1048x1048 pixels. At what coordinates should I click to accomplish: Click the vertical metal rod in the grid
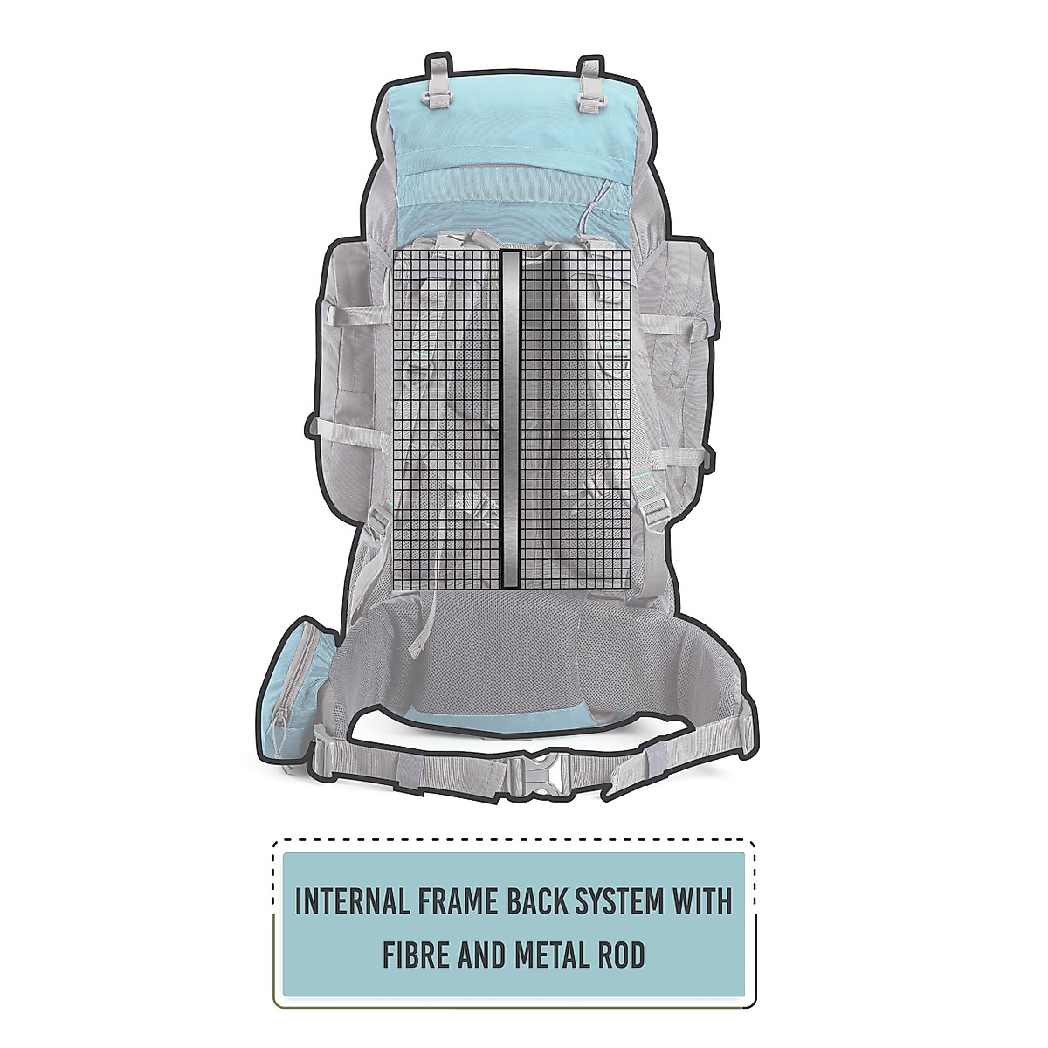tap(512, 419)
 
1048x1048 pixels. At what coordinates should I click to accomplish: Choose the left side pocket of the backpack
tap(346, 349)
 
